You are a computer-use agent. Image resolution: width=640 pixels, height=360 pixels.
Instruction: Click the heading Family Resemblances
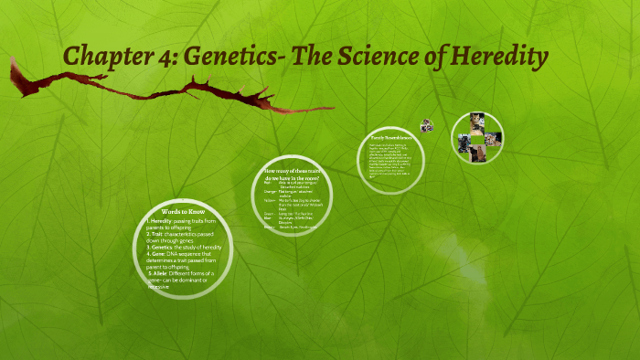[x=391, y=135]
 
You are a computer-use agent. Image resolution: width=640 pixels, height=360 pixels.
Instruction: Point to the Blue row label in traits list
[x=266, y=217]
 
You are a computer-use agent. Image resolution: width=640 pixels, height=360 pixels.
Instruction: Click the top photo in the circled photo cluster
[x=476, y=121]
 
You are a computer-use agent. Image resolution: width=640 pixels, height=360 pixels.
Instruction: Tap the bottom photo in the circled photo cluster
[x=476, y=155]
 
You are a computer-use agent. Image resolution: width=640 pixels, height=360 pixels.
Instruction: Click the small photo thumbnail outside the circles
[x=426, y=125]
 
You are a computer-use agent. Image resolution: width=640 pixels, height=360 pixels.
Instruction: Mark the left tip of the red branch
[x=12, y=62]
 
